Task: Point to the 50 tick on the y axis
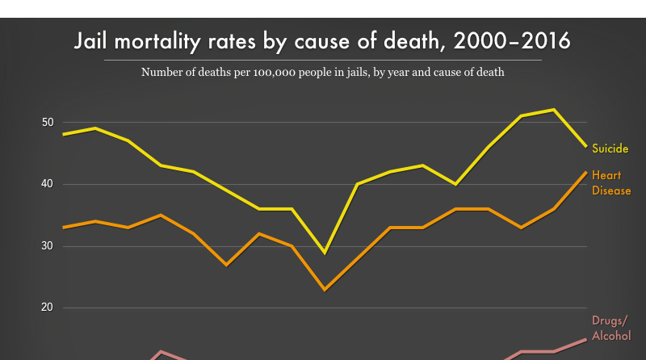(x=48, y=123)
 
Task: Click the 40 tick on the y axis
(x=48, y=184)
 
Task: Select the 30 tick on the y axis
(x=48, y=246)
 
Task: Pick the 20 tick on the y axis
(x=48, y=308)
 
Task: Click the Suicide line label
(x=610, y=149)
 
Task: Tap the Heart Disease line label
(x=611, y=182)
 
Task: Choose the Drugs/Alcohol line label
(x=611, y=328)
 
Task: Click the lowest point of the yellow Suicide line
(x=324, y=253)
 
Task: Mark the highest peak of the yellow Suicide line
(x=553, y=109)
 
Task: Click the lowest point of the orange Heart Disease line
(x=324, y=289)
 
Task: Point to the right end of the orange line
(x=586, y=172)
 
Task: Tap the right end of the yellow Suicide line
(x=586, y=146)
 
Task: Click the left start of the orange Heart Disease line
(x=63, y=228)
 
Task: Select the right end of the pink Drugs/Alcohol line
(x=586, y=339)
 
